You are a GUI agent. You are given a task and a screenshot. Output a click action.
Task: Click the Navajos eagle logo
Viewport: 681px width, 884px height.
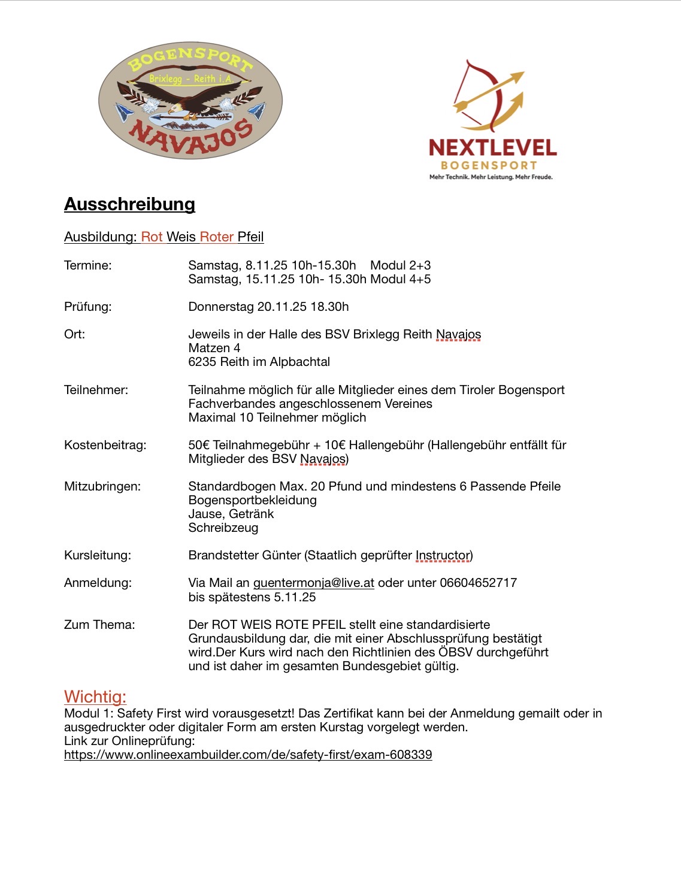tap(190, 101)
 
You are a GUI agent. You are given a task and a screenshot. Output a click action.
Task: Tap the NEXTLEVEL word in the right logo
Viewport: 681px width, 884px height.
tap(492, 148)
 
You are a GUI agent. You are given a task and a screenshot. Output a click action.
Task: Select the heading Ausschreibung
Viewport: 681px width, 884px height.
tap(129, 204)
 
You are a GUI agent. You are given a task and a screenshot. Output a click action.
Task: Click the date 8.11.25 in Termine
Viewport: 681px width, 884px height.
tap(267, 265)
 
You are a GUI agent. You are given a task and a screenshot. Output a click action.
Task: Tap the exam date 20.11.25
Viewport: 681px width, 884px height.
tap(282, 307)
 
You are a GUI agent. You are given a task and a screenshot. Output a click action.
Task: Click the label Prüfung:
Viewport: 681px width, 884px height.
tap(87, 307)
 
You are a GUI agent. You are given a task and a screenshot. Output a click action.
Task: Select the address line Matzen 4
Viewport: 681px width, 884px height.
tap(214, 348)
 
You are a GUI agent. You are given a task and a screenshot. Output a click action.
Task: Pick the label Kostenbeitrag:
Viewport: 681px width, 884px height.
tap(105, 445)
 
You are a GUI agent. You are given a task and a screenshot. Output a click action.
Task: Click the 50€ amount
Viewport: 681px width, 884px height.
tap(199, 445)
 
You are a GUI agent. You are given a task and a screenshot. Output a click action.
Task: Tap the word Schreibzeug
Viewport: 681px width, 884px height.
tap(223, 528)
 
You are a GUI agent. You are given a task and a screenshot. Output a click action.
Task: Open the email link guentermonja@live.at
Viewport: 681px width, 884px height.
tap(313, 583)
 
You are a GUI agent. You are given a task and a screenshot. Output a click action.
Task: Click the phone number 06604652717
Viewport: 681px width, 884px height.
tap(478, 583)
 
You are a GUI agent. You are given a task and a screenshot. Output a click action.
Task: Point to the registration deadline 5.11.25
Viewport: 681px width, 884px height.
tap(295, 597)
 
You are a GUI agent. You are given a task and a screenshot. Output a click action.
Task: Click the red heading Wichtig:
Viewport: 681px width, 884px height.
tap(95, 697)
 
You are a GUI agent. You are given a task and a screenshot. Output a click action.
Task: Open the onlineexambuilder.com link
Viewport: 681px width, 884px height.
tap(248, 755)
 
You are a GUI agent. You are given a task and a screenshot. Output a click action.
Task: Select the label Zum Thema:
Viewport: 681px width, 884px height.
tap(99, 625)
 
